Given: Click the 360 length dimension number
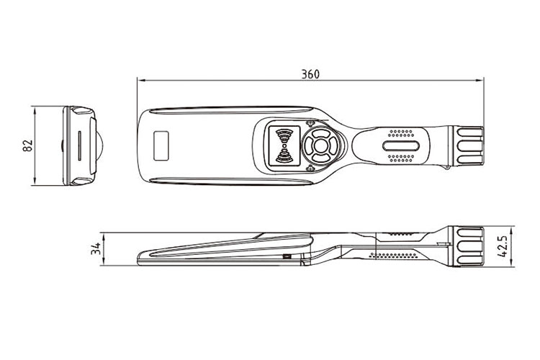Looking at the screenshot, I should point(310,73).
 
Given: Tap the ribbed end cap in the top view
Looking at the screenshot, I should point(467,146).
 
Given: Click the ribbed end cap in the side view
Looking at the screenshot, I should point(467,246).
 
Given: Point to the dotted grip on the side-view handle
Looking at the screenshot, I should point(394,254).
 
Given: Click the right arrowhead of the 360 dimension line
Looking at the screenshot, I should point(480,80).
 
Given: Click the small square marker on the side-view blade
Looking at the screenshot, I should point(286,257).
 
